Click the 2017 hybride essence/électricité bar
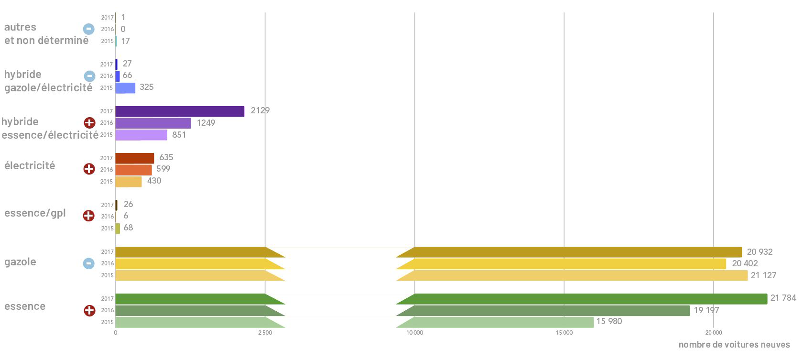[180, 111]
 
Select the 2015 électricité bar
[129, 182]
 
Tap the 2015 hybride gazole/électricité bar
[125, 88]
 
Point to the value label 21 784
[783, 298]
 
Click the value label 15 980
[609, 321]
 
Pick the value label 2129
[260, 110]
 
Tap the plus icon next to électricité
[89, 169]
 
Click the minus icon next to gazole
[89, 263]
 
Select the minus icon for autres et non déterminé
[89, 29]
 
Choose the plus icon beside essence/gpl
[89, 216]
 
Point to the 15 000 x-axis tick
[564, 333]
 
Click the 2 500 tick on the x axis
[265, 333]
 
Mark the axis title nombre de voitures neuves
[734, 345]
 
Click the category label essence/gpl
[35, 213]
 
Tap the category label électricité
[30, 166]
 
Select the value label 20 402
[745, 263]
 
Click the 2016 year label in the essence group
[107, 310]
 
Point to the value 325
[146, 87]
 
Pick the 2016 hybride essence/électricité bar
[153, 123]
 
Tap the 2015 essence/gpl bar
[118, 229]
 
